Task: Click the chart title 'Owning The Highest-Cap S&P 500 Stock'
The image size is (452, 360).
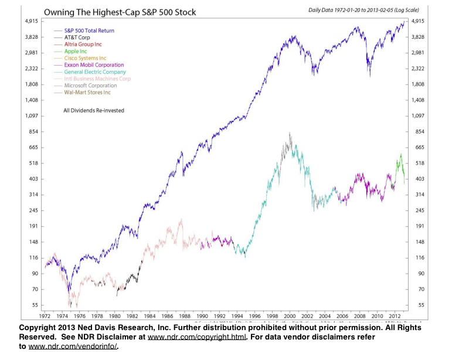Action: [x=120, y=12]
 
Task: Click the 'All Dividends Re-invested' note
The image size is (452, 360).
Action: [x=93, y=110]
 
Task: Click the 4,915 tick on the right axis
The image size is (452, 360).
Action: [x=419, y=21]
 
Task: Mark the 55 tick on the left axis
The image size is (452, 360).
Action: [x=35, y=305]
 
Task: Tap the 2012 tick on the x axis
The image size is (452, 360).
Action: [x=393, y=315]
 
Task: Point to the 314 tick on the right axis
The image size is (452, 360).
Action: [x=417, y=194]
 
